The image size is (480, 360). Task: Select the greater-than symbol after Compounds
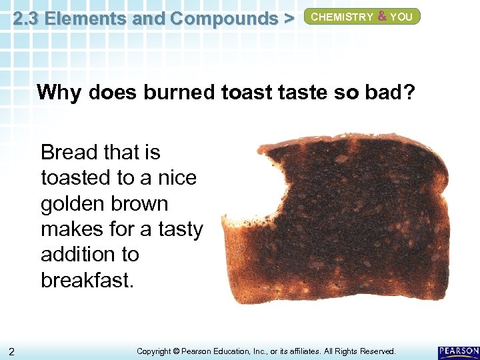[x=288, y=19]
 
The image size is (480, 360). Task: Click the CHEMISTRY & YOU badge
[x=362, y=17]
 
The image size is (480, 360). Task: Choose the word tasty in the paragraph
[x=180, y=229]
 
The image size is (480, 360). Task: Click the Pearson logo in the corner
[x=458, y=351]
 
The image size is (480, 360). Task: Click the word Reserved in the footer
[x=376, y=351]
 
